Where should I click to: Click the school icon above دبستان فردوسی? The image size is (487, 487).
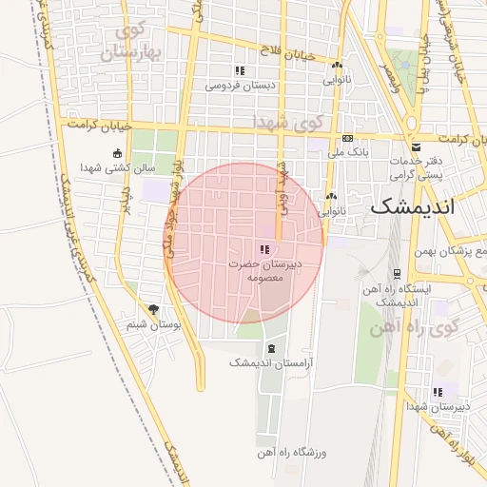(x=241, y=70)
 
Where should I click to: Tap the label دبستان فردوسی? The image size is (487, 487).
(x=241, y=85)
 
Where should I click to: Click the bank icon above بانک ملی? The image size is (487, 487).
(x=348, y=138)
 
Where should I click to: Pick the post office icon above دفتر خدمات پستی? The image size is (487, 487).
(x=417, y=146)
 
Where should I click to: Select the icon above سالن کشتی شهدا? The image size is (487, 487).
(x=118, y=153)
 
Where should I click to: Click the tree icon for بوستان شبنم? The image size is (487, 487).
(x=154, y=309)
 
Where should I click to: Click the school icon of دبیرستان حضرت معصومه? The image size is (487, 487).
(x=263, y=248)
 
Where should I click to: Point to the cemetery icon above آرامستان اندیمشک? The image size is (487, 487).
(x=271, y=348)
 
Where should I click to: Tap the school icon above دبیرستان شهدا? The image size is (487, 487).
(x=438, y=392)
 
